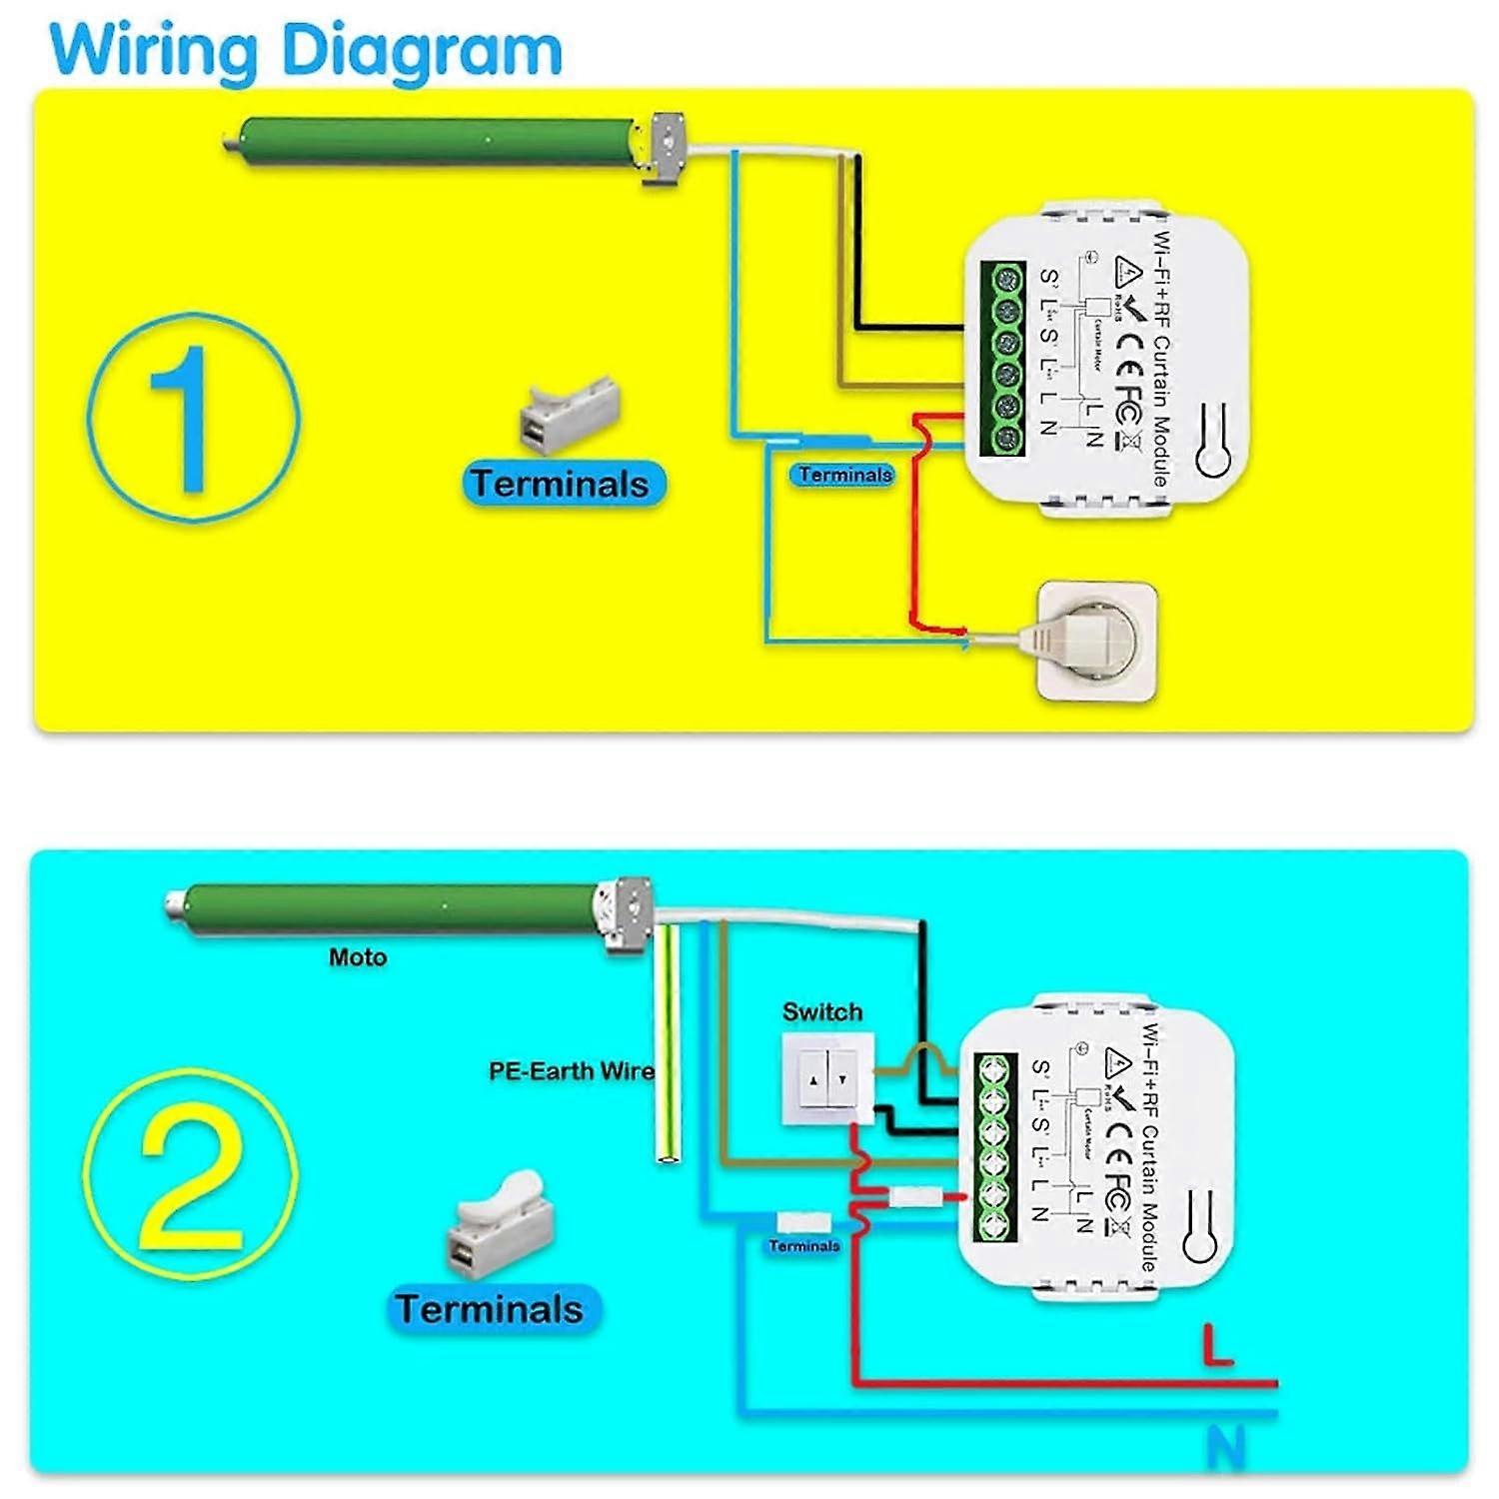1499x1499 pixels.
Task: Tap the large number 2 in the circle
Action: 190,1182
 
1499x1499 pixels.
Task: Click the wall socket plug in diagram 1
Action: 1097,640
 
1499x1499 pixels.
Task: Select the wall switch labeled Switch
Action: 827,1079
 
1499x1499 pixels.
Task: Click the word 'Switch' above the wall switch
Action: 821,1012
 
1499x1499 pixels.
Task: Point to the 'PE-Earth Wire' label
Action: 571,1071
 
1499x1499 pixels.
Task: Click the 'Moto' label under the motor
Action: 358,957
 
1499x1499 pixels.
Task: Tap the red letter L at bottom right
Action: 1218,1345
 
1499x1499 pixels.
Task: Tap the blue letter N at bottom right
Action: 1225,1446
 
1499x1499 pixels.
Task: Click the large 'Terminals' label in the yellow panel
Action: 561,484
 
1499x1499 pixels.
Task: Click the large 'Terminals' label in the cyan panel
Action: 490,1309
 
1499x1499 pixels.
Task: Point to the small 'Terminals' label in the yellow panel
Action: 844,476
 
